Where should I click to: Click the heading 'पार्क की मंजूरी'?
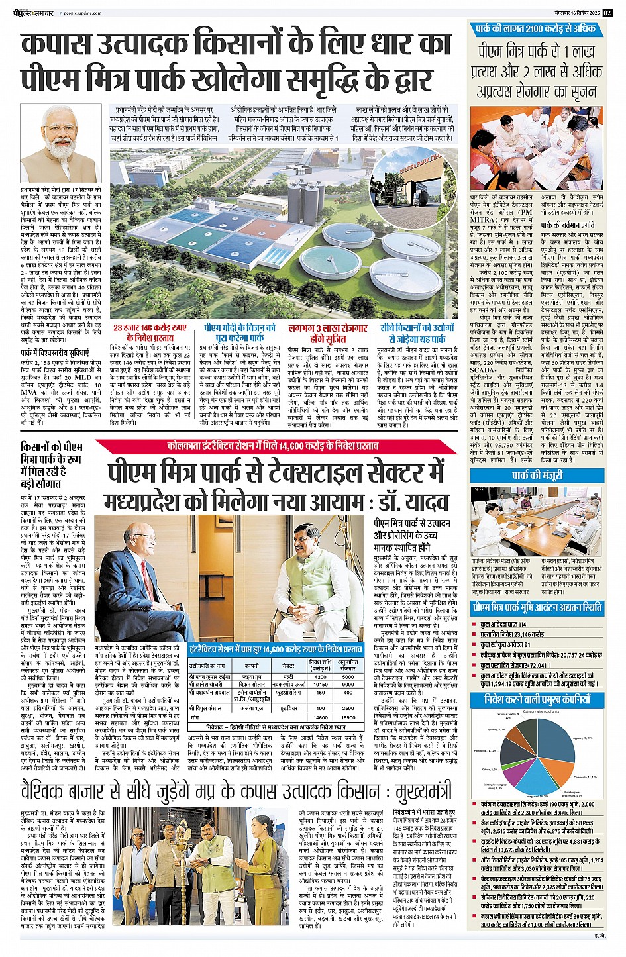tap(537, 475)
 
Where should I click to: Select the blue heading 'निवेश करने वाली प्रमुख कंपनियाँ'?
tap(537, 699)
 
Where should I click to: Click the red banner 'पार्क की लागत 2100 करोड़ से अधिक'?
tap(535, 28)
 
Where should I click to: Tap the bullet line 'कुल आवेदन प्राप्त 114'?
tap(503, 625)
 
